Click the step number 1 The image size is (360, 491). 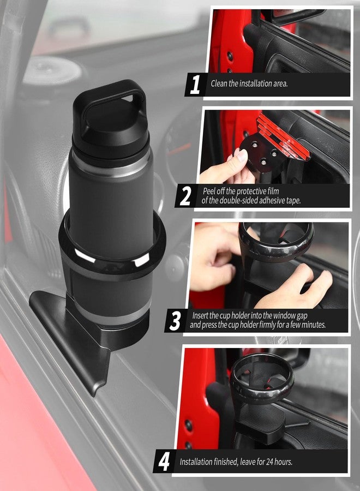click(x=195, y=85)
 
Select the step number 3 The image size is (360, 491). click(x=175, y=321)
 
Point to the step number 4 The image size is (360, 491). click(x=164, y=462)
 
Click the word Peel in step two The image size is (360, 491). click(x=211, y=191)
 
